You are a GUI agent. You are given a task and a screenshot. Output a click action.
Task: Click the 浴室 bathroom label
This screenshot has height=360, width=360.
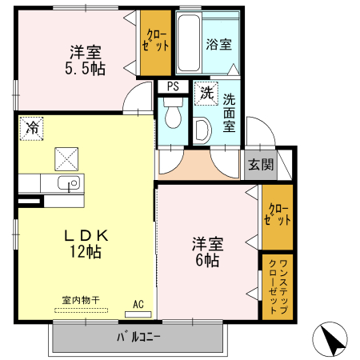click(219, 45)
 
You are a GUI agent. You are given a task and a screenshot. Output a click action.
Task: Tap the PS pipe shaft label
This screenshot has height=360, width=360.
click(173, 87)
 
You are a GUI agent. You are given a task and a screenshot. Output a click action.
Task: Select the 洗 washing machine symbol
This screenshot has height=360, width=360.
click(206, 93)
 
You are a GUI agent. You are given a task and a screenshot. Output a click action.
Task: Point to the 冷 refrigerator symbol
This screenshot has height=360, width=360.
click(32, 127)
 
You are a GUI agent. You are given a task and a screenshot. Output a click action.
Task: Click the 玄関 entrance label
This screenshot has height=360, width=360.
click(259, 165)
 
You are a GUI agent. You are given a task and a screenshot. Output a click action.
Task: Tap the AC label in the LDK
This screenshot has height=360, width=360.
click(138, 305)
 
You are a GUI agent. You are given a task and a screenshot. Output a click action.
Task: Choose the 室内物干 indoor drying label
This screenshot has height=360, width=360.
click(80, 300)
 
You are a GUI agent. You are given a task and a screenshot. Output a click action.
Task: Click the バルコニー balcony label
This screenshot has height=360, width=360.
click(138, 336)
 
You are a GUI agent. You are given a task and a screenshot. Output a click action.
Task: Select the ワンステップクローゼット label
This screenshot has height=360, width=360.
click(277, 286)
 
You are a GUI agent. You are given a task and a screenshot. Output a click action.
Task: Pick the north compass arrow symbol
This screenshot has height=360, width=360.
click(332, 339)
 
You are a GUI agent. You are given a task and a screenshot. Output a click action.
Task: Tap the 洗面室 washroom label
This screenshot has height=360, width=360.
click(230, 112)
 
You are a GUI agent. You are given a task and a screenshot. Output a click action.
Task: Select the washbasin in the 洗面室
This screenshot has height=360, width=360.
click(202, 129)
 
